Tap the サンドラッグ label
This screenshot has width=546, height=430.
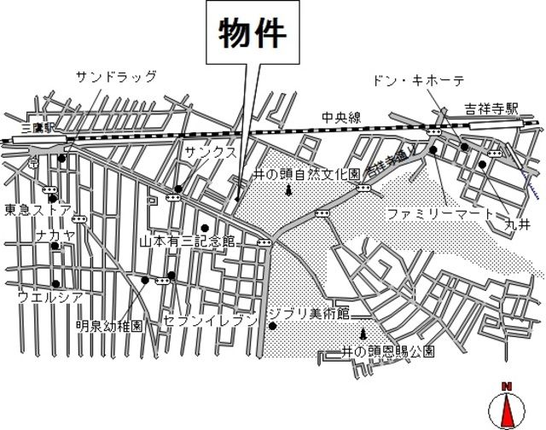[x=117, y=77]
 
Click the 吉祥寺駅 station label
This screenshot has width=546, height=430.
[x=491, y=108]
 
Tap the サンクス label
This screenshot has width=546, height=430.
[x=211, y=150]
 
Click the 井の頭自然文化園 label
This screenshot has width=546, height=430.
[x=308, y=173]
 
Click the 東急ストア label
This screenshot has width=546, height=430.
[x=37, y=210]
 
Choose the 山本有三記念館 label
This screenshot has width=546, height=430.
[x=187, y=241]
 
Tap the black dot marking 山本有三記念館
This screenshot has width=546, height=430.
[x=205, y=227]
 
